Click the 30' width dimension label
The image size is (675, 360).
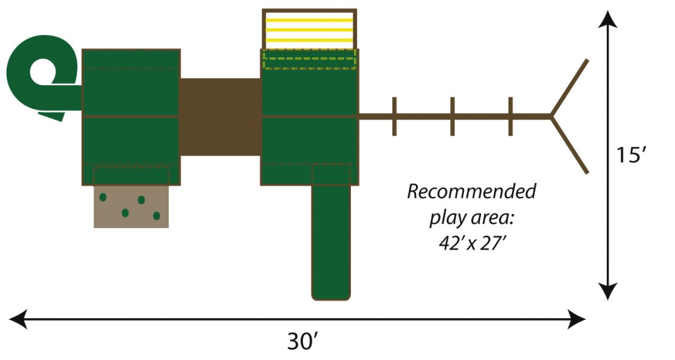click(x=303, y=342)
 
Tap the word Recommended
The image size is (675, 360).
click(x=472, y=192)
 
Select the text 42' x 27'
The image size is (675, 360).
click(x=471, y=243)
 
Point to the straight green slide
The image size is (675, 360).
click(x=331, y=241)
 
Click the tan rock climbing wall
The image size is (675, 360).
click(x=131, y=206)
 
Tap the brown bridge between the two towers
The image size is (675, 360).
click(x=220, y=117)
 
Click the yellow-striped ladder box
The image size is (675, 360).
click(x=309, y=29)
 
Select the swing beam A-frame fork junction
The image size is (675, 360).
click(x=551, y=116)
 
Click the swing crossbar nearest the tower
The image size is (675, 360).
click(x=394, y=116)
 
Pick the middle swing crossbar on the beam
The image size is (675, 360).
click(x=452, y=116)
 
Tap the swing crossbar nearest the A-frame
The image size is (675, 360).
click(x=511, y=116)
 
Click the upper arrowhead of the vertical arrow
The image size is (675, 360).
click(x=607, y=19)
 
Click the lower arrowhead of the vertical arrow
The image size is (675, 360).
click(x=607, y=291)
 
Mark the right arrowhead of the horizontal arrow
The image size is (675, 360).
click(x=576, y=319)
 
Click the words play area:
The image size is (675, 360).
click(x=472, y=218)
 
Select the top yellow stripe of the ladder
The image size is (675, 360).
click(x=309, y=20)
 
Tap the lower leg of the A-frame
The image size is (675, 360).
click(x=570, y=145)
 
